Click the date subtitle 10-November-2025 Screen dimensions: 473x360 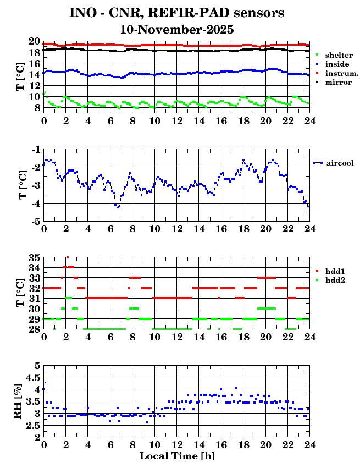click(176, 30)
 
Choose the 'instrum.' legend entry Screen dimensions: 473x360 click(341, 73)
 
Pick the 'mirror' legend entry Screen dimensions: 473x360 click(337, 82)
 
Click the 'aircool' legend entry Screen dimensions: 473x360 click(339, 163)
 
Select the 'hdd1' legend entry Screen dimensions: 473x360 click(334, 271)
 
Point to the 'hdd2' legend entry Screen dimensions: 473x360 click(334, 280)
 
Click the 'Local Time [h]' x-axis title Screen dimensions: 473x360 click(176, 456)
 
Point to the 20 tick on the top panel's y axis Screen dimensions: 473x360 click(34, 42)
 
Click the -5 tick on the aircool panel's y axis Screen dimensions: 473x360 click(34, 222)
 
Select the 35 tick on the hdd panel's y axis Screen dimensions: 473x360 click(34, 257)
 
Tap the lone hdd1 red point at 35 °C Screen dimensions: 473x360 click(67, 257)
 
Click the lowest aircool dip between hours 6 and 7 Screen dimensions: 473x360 click(117, 207)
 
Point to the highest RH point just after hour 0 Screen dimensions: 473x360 click(45, 383)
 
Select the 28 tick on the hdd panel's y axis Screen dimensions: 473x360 click(34, 329)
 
